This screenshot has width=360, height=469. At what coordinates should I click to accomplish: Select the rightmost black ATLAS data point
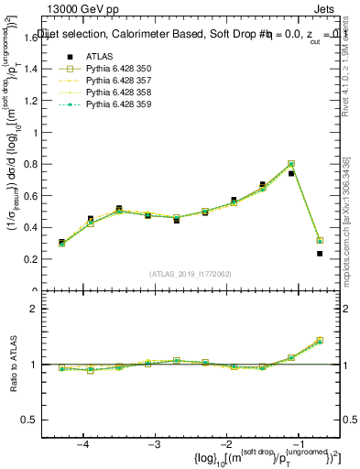pos(320,254)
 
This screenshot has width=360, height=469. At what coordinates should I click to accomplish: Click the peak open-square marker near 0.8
pos(291,164)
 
